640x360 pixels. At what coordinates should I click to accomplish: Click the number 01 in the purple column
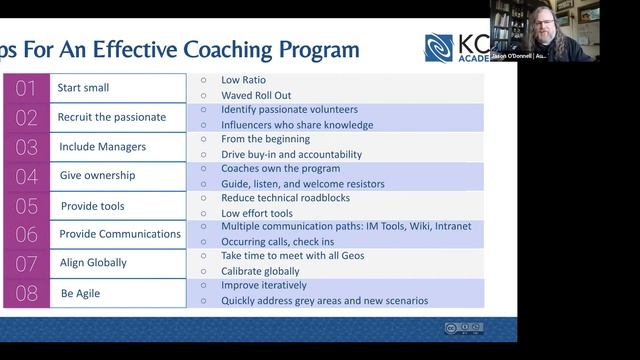tap(25, 88)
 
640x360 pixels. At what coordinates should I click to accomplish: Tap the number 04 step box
tap(25, 176)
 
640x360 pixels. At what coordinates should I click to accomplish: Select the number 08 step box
tap(25, 293)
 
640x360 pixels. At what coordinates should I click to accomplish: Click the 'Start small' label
tap(85, 88)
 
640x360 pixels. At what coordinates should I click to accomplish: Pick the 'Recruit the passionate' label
tap(113, 117)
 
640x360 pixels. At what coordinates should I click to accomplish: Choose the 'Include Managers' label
tap(103, 147)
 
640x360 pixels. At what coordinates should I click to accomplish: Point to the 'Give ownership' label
tap(97, 176)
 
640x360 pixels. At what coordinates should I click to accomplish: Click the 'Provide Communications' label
tap(120, 235)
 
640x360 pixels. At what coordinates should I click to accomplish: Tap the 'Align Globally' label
tap(93, 264)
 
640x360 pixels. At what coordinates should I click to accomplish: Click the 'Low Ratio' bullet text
tap(243, 80)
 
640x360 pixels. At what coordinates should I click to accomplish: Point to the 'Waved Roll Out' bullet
tap(257, 96)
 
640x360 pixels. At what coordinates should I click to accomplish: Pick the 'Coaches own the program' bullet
tap(280, 169)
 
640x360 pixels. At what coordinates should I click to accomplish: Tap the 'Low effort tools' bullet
tap(257, 213)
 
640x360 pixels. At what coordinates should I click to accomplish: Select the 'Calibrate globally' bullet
tap(260, 272)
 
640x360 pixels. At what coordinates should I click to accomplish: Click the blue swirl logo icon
tap(439, 48)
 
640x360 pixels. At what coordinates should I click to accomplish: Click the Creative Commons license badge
tap(464, 327)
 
